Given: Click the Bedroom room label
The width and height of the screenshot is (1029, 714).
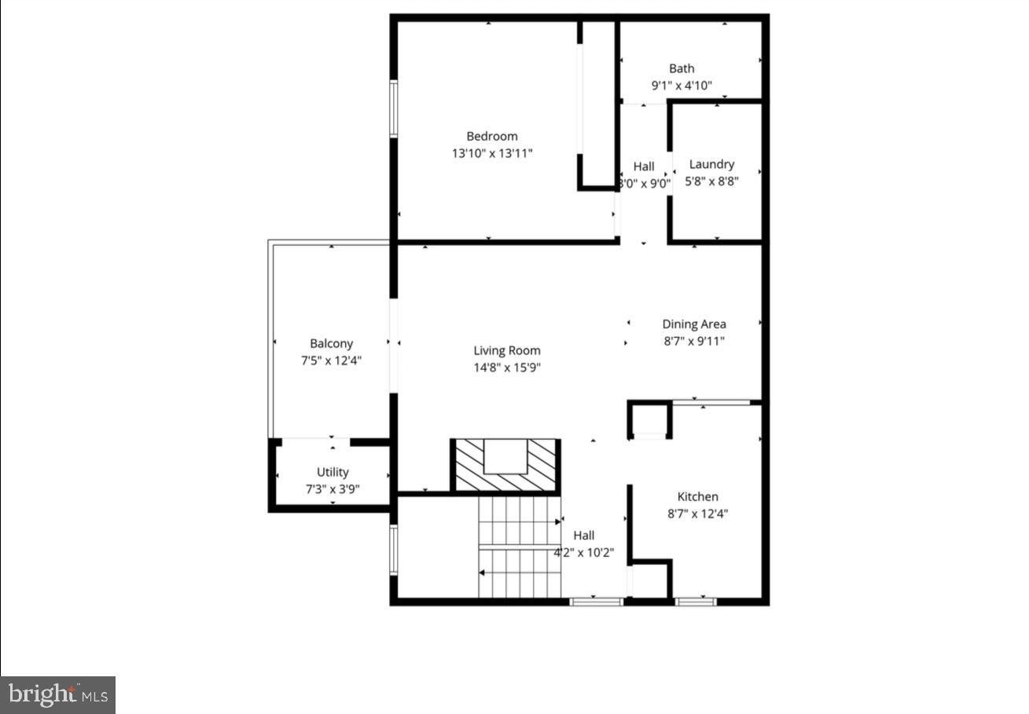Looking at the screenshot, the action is tap(492, 137).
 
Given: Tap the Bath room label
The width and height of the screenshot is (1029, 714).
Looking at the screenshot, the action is tap(682, 68).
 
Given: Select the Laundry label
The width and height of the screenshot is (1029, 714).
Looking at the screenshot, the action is tap(711, 164).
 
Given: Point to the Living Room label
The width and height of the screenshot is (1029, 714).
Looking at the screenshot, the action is tap(507, 350).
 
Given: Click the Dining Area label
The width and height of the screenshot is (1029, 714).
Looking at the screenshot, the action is tap(694, 324).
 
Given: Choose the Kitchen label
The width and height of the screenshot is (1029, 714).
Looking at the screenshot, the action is tap(698, 496).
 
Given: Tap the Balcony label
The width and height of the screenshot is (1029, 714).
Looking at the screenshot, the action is tap(331, 344).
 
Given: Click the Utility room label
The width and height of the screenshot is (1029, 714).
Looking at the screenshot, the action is tap(333, 472).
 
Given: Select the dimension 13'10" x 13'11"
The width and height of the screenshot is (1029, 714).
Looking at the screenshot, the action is tap(492, 153).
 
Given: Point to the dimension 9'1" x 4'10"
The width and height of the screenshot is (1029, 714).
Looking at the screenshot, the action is tap(682, 86).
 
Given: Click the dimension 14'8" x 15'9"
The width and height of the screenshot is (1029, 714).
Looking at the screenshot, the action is tap(507, 368).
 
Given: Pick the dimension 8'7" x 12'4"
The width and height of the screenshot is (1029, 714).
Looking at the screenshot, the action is tap(698, 514).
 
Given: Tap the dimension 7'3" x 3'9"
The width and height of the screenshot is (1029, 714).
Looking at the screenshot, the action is tap(333, 489).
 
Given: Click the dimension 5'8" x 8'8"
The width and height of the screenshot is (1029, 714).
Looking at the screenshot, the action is tap(711, 181).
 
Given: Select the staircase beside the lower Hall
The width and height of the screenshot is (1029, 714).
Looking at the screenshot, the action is tap(520, 547).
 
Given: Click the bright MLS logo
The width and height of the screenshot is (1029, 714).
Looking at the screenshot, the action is tap(58, 694).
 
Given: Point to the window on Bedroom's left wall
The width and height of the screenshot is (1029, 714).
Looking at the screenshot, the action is tap(394, 108).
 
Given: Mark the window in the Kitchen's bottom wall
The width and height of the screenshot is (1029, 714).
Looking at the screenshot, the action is tap(696, 602).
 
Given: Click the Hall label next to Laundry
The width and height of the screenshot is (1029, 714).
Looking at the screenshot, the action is tap(644, 167).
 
